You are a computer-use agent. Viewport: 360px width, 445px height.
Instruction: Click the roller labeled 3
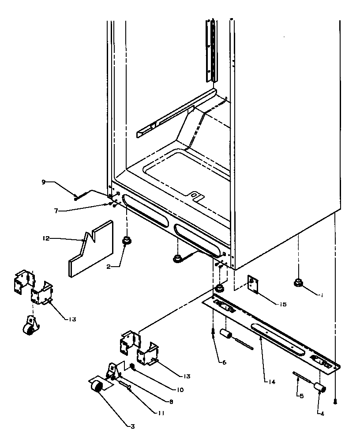pyautogui.click(x=97, y=387)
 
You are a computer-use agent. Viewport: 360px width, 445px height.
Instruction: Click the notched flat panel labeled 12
pyautogui.click(x=90, y=250)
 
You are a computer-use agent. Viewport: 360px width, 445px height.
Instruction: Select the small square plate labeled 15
pyautogui.click(x=253, y=285)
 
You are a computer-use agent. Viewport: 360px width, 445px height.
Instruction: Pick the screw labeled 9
pyautogui.click(x=82, y=196)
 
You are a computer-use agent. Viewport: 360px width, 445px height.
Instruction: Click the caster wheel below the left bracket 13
pyautogui.click(x=29, y=327)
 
